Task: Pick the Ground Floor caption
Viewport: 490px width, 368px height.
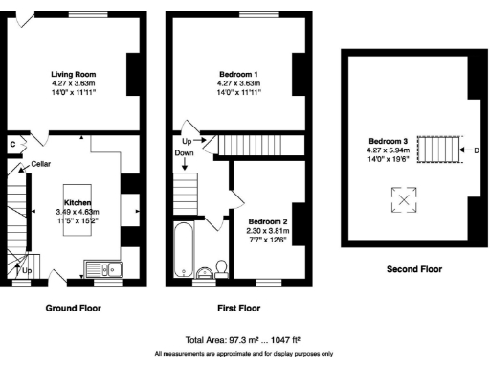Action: [x=74, y=309]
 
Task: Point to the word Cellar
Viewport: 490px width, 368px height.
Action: [x=40, y=164]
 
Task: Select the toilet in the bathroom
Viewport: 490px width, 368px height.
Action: [x=221, y=265]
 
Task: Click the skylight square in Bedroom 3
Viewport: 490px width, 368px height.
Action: [x=406, y=199]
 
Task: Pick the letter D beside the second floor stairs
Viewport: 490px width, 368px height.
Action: [x=476, y=150]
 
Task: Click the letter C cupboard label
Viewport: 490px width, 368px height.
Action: [x=12, y=144]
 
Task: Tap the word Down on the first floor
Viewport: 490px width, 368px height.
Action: [x=184, y=153]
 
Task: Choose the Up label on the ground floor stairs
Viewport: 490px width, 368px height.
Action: [x=27, y=271]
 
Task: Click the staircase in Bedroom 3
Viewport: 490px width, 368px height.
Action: [x=441, y=150]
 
